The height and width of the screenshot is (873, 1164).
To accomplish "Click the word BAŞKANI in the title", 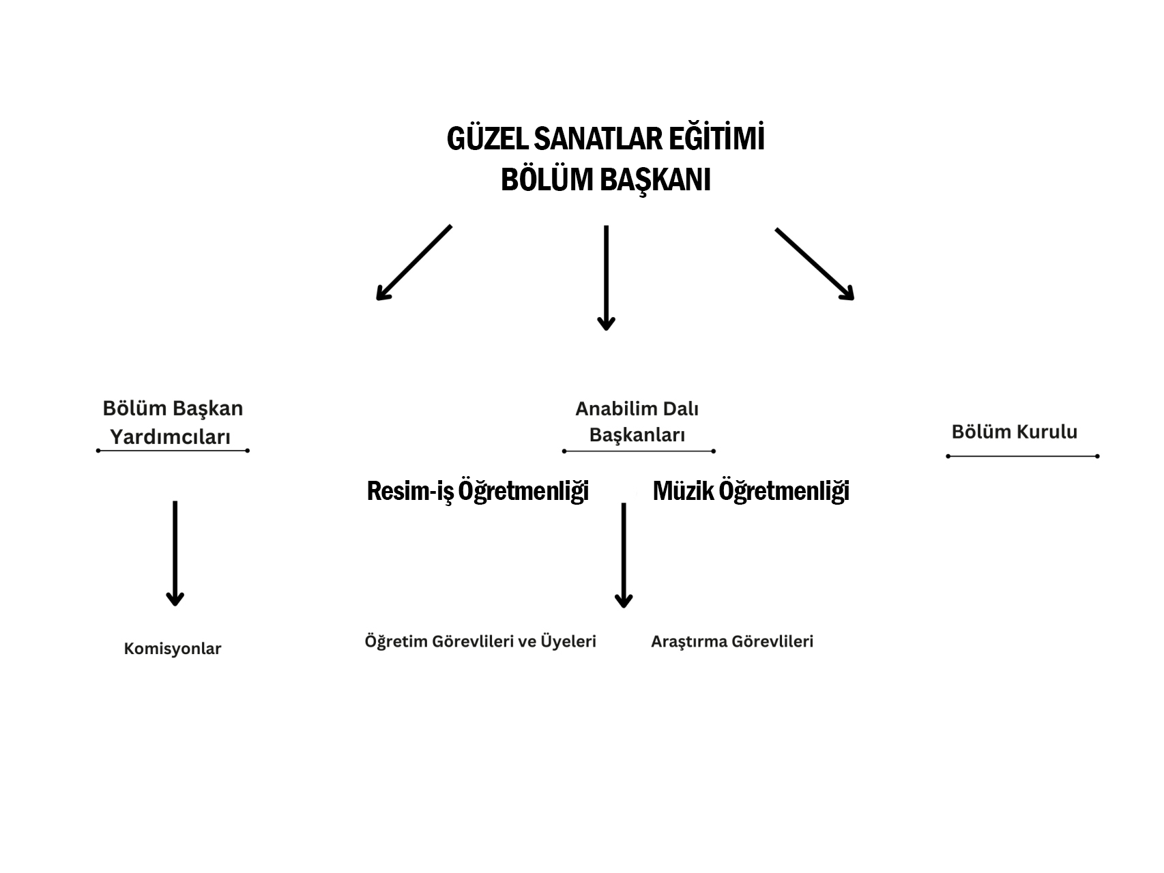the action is pyautogui.click(x=657, y=181).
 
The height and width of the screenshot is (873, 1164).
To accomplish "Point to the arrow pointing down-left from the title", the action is pyautogui.click(x=413, y=263).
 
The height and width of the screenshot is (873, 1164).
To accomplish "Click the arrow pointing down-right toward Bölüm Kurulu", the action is pyautogui.click(x=815, y=264).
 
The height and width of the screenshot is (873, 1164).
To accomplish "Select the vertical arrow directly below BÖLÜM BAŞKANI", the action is pyautogui.click(x=606, y=278).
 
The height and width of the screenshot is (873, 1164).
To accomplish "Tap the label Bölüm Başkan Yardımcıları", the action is pyautogui.click(x=173, y=423).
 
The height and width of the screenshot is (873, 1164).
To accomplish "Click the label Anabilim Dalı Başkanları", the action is pyautogui.click(x=637, y=421).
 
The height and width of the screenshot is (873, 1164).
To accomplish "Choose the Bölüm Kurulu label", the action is pyautogui.click(x=1014, y=432).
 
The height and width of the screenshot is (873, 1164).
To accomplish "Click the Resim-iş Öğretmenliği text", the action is pyautogui.click(x=478, y=490).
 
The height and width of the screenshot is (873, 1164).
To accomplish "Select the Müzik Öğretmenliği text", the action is pyautogui.click(x=751, y=490).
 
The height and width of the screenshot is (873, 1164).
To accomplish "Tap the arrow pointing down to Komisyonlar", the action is pyautogui.click(x=175, y=553).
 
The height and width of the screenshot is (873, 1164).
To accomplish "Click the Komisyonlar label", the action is pyautogui.click(x=173, y=649).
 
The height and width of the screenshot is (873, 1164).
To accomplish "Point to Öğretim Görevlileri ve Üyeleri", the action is pyautogui.click(x=480, y=641).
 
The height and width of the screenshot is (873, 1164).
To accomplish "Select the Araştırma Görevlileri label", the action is pyautogui.click(x=732, y=642).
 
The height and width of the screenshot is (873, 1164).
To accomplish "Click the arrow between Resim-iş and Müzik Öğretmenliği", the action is pyautogui.click(x=624, y=555).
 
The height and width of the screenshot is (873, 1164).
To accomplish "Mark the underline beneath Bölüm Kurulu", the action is pyautogui.click(x=1023, y=456).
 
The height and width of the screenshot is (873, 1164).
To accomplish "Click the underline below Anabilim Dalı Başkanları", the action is pyautogui.click(x=639, y=451).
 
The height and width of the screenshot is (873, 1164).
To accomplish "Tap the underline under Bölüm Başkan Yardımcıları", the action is pyautogui.click(x=173, y=450).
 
